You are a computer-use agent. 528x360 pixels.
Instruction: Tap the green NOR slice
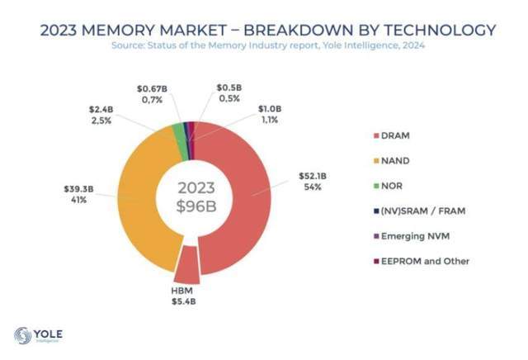coord(178,130)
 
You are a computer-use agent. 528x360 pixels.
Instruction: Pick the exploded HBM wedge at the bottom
coord(187,266)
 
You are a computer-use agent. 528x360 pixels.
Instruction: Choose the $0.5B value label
coord(228,87)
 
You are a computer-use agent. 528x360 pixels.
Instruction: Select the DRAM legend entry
coord(395,136)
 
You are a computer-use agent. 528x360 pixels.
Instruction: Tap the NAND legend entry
coord(395,161)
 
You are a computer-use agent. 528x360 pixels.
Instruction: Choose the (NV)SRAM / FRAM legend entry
coord(424,211)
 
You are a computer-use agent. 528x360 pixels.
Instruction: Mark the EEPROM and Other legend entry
coord(425,261)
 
